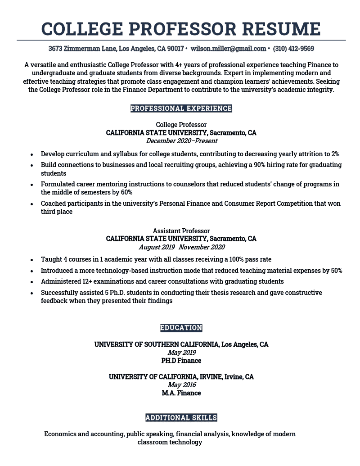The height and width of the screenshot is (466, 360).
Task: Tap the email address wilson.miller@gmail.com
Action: [228, 49]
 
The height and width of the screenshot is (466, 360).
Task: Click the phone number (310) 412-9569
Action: [293, 49]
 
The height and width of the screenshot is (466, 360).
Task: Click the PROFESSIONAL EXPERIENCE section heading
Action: [181, 109]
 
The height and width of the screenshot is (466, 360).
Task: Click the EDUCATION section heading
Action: [181, 328]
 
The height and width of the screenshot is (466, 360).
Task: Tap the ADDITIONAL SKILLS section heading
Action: [181, 418]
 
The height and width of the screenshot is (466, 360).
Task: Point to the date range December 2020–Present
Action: [181, 141]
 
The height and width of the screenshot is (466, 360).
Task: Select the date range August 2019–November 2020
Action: [181, 247]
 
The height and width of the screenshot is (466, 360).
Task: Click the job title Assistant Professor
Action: [181, 231]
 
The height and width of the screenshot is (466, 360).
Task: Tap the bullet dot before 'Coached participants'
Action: [31, 204]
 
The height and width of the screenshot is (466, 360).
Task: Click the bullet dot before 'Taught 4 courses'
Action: [31, 260]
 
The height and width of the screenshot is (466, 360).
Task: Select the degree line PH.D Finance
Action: [181, 361]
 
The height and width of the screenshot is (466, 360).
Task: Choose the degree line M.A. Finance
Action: [181, 393]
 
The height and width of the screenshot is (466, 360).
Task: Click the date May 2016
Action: [181, 385]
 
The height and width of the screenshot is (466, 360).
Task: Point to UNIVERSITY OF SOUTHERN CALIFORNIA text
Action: [156, 344]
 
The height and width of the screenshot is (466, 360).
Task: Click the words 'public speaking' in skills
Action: [150, 434]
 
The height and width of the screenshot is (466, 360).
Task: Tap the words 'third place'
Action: [56, 212]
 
